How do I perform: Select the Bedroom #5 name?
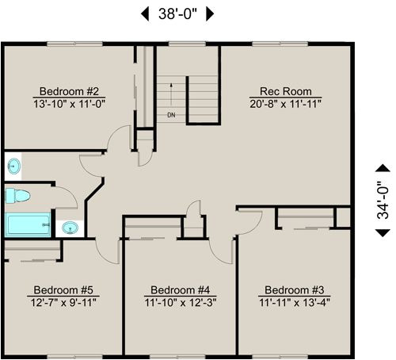click(x=63, y=289)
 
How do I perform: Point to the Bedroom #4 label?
click(x=180, y=289)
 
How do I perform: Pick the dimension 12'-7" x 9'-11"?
click(x=63, y=302)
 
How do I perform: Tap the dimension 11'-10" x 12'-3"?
click(x=180, y=302)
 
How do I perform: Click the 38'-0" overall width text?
click(x=178, y=13)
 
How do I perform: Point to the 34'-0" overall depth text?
click(x=383, y=200)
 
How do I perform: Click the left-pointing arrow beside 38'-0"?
click(x=145, y=13)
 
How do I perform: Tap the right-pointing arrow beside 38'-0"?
click(x=211, y=13)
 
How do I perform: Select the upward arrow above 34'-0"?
click(x=383, y=167)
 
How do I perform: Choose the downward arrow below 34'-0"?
click(x=383, y=232)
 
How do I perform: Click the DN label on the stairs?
click(x=171, y=116)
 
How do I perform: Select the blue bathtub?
click(x=28, y=224)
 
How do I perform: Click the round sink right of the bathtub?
click(x=70, y=228)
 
